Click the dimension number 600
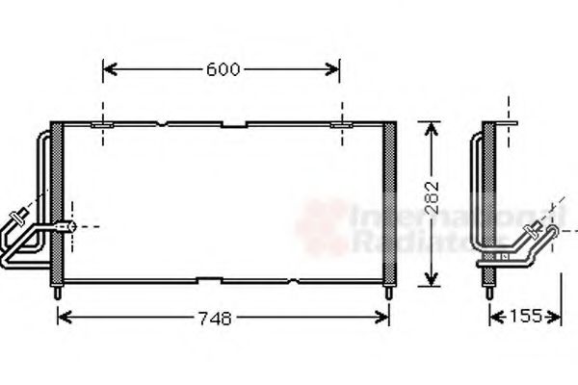pyautogui.click(x=222, y=69)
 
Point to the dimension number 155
pyautogui.click(x=526, y=316)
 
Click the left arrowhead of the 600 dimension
pyautogui.click(x=107, y=69)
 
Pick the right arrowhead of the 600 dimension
pyautogui.click(x=334, y=69)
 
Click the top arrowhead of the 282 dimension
pyautogui.click(x=431, y=127)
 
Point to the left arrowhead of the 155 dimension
pyautogui.click(x=494, y=316)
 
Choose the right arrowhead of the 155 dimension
pyautogui.click(x=558, y=316)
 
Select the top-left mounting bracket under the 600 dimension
pyautogui.click(x=103, y=124)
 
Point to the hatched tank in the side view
pyautogui.click(x=489, y=201)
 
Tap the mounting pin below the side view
pyautogui.click(x=490, y=291)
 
